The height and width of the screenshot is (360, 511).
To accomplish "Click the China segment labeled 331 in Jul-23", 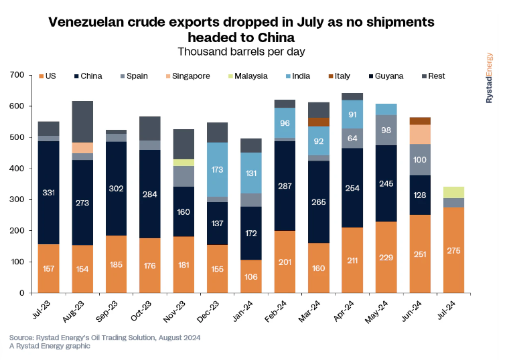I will pos(48,193).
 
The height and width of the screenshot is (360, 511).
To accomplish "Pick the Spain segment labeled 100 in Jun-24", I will pos(420,160).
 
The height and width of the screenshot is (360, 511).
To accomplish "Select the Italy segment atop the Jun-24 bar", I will pos(420,121).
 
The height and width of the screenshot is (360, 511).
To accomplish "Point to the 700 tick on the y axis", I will pos(17,75).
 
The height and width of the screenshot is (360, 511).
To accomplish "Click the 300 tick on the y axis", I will pos(17,199).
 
